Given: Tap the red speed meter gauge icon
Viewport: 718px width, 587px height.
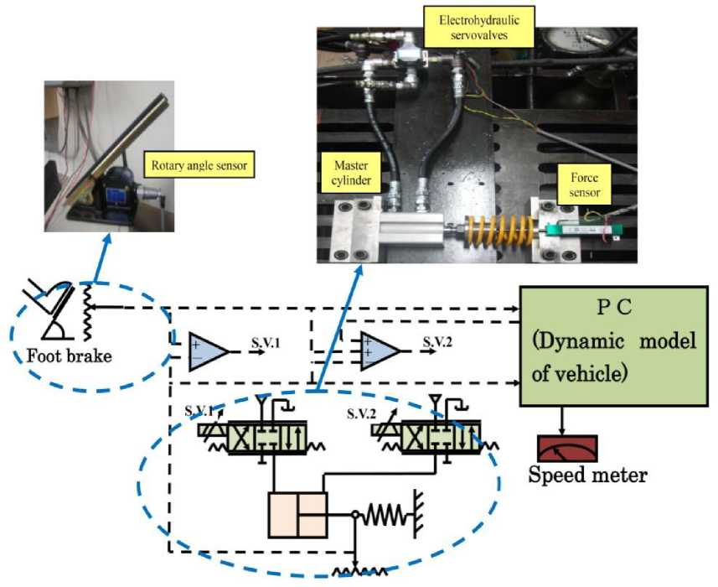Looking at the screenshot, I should (x=566, y=449).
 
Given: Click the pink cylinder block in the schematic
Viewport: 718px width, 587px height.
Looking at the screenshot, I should (x=297, y=513).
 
